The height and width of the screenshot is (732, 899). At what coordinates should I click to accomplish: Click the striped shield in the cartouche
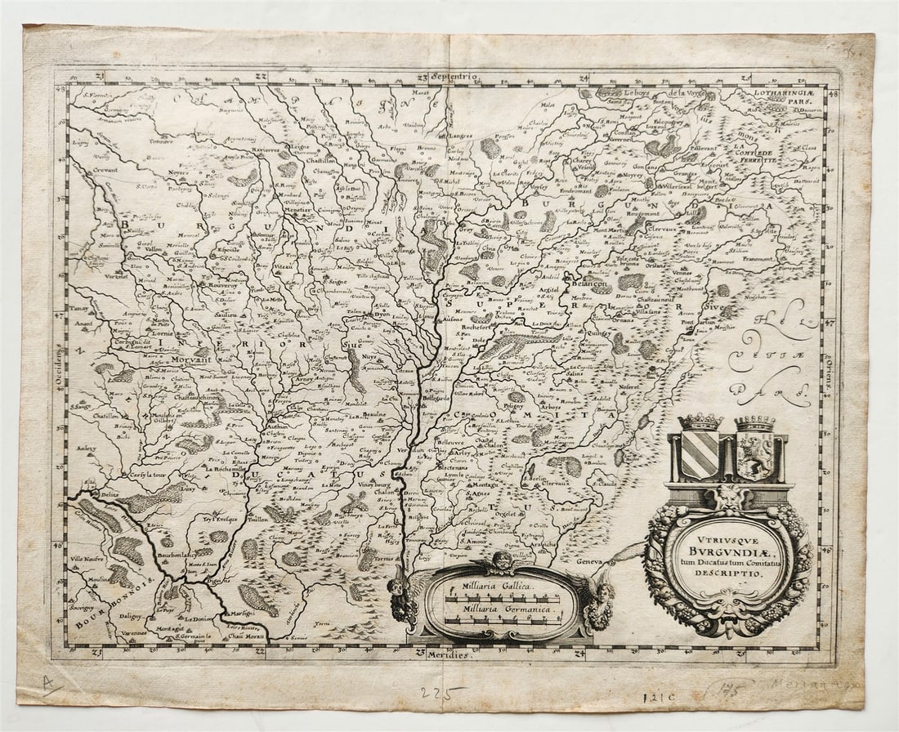click(x=700, y=455)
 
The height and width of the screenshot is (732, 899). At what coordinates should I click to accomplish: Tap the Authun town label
click(x=278, y=426)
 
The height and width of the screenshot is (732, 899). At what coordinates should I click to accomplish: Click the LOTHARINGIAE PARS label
click(x=784, y=96)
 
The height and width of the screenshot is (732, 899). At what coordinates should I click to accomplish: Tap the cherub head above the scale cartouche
click(x=500, y=560)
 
